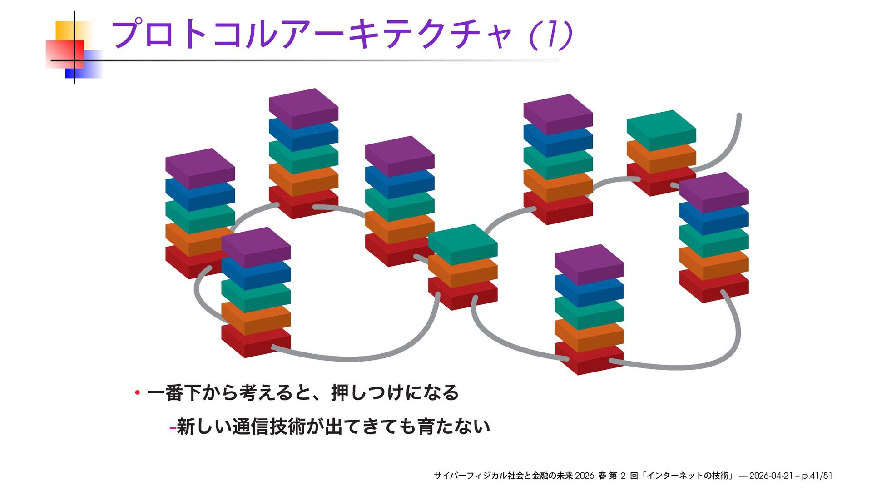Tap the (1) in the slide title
point(550,34)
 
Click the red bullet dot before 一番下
point(137,392)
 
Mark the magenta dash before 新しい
point(172,427)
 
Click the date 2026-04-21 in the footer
point(771,476)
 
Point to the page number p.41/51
point(817,476)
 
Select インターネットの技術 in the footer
point(688,476)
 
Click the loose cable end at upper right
point(739,116)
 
